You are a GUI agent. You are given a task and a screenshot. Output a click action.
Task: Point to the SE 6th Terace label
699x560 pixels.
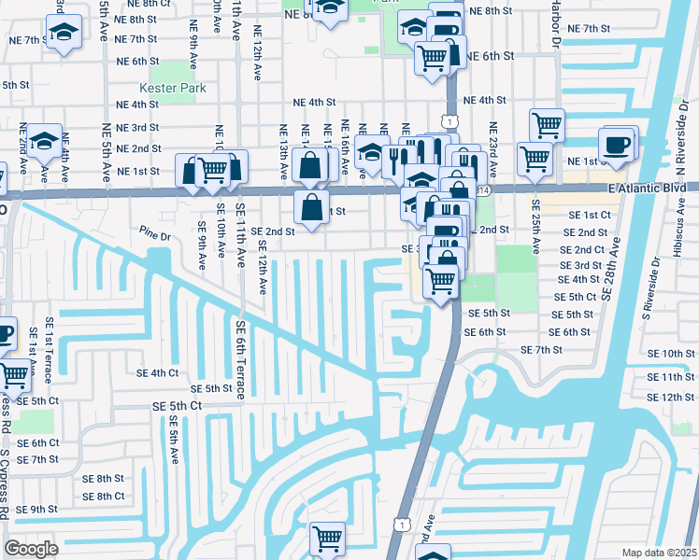tap(240, 360)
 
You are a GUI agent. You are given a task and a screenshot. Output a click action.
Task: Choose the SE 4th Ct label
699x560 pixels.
tap(157, 372)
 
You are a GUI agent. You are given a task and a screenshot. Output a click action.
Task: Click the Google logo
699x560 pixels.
tap(31, 548)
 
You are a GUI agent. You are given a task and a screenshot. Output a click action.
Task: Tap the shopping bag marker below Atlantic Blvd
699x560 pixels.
tap(312, 205)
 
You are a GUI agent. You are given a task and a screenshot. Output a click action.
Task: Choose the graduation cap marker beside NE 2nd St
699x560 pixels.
tap(44, 141)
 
